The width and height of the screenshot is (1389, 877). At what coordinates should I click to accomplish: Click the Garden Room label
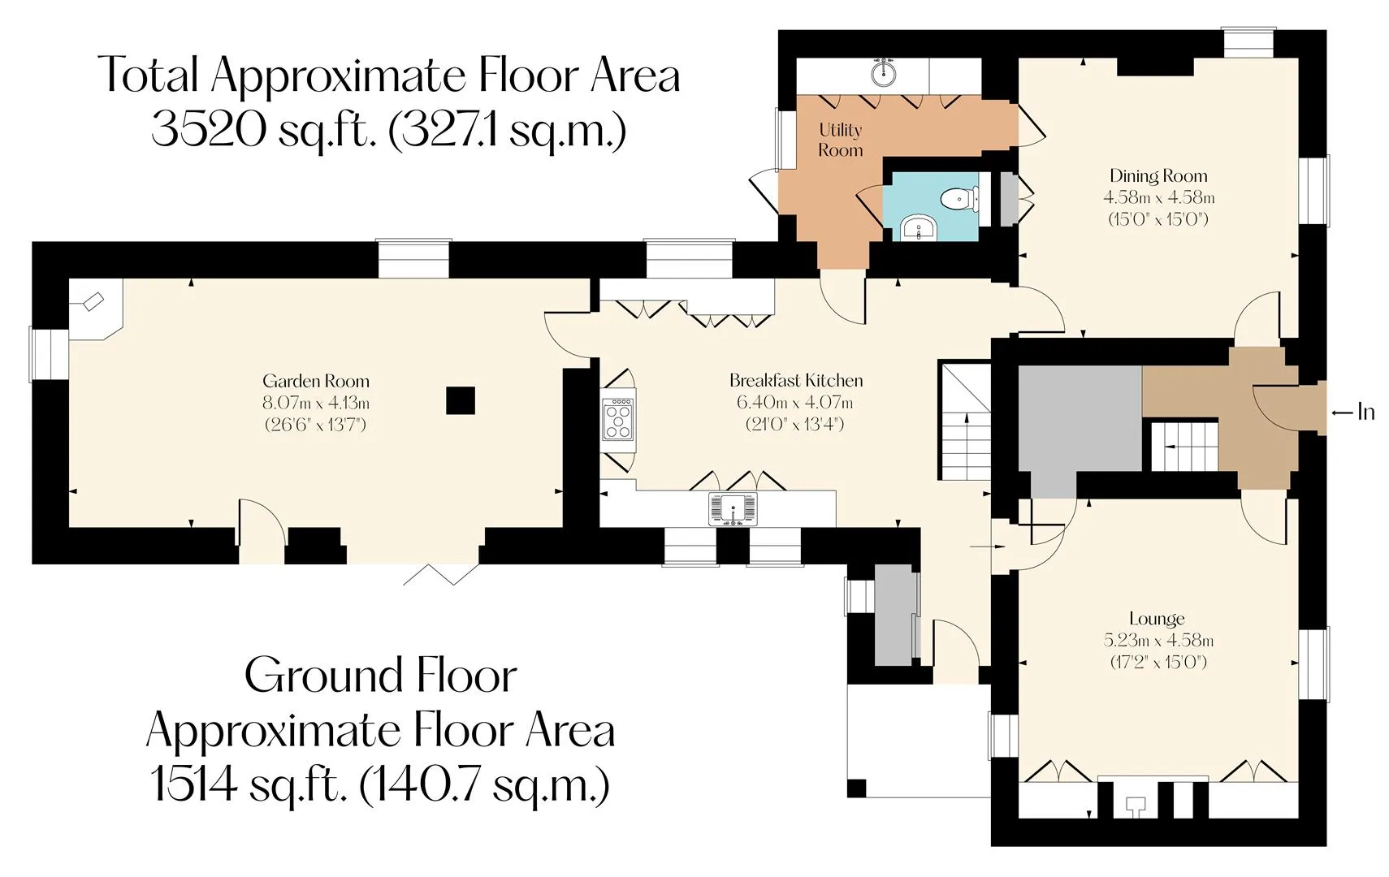pos(316,381)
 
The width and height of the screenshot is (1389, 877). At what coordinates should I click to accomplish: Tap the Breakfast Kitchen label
pos(795,380)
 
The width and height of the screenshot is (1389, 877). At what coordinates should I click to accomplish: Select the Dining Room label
pos(1158,176)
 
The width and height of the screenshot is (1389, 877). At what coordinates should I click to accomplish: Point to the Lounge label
pos(1157,619)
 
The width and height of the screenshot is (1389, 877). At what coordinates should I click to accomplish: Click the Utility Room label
pos(840,140)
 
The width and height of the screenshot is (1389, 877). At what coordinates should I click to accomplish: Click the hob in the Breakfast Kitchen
pos(618,419)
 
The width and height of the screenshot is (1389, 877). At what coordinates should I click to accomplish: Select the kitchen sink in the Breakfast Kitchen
pos(733,509)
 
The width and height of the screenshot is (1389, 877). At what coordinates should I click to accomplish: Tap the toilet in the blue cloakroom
pos(958,199)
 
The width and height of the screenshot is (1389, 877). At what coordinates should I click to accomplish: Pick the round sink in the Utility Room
pos(883,73)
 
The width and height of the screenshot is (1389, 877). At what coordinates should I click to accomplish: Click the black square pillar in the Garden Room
pos(461,400)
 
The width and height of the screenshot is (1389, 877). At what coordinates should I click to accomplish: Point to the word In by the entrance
pos(1366,413)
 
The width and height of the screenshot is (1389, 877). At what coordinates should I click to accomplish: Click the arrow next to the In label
pos(1342,413)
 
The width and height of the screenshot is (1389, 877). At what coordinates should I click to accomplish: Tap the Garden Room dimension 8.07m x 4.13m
pos(316,403)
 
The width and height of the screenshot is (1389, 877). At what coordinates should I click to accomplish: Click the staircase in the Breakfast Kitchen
pos(965,421)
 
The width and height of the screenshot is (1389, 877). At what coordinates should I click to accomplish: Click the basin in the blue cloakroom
pos(919,228)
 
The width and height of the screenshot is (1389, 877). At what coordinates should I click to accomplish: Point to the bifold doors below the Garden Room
pos(442,575)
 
